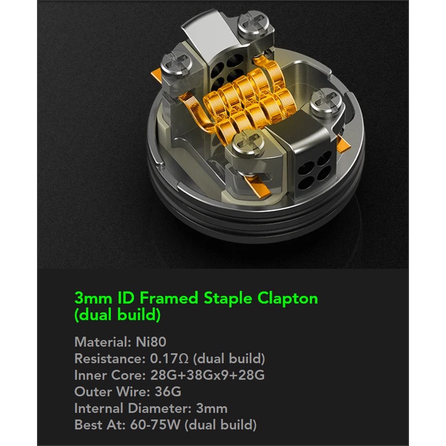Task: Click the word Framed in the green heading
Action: [168, 298]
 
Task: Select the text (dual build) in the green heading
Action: [118, 315]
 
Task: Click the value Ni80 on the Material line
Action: [151, 342]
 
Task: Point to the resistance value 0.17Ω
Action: [169, 359]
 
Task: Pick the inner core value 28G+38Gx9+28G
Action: [207, 375]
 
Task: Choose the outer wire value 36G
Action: [168, 392]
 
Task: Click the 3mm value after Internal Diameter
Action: [211, 408]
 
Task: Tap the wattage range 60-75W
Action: [155, 425]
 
